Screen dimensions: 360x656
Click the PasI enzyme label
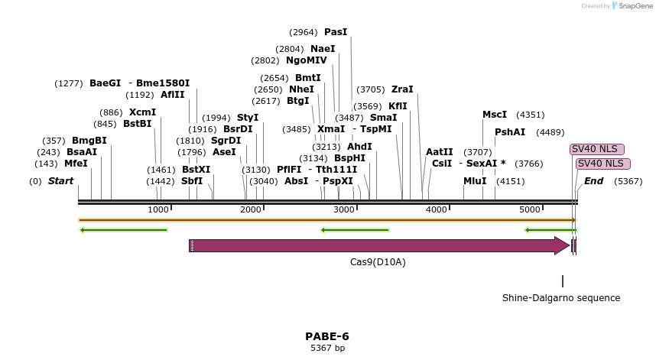tap(336, 32)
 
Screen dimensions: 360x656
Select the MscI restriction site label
tap(494, 115)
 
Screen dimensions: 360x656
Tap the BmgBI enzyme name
tap(89, 141)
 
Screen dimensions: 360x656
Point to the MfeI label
tap(76, 164)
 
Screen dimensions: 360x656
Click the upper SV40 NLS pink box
tap(597, 149)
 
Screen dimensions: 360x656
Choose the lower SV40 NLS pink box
tap(602, 164)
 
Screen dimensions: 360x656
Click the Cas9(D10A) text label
tap(378, 262)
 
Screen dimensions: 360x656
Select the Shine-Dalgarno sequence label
tap(561, 298)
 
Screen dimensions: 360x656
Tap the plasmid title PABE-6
tap(327, 336)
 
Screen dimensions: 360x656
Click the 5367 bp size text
tap(327, 348)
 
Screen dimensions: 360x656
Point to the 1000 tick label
tap(158, 209)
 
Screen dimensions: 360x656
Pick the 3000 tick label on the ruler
tap(344, 209)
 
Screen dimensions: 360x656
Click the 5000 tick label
tap(530, 209)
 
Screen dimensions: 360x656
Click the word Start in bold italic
tap(60, 181)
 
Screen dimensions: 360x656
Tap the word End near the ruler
tap(594, 181)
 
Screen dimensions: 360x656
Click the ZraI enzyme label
tap(402, 89)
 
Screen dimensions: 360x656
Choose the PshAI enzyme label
tap(510, 132)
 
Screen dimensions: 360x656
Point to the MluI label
tap(475, 181)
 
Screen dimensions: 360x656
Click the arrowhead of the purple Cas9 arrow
tap(562, 245)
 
